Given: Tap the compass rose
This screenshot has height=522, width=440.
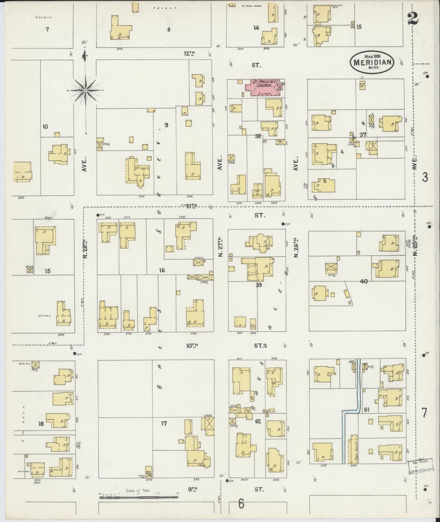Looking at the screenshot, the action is point(86,90).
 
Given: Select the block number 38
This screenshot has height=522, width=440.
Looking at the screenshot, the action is point(258,136).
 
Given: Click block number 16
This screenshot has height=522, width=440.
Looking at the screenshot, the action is point(162,270).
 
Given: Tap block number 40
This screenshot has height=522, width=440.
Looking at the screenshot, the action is point(364,281).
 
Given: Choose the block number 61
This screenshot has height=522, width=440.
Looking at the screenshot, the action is point(366,410).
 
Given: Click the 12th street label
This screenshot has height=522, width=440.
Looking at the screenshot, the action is point(189,54).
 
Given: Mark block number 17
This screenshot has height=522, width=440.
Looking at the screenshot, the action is point(164,423).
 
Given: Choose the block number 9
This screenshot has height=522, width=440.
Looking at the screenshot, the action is point(166,125).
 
